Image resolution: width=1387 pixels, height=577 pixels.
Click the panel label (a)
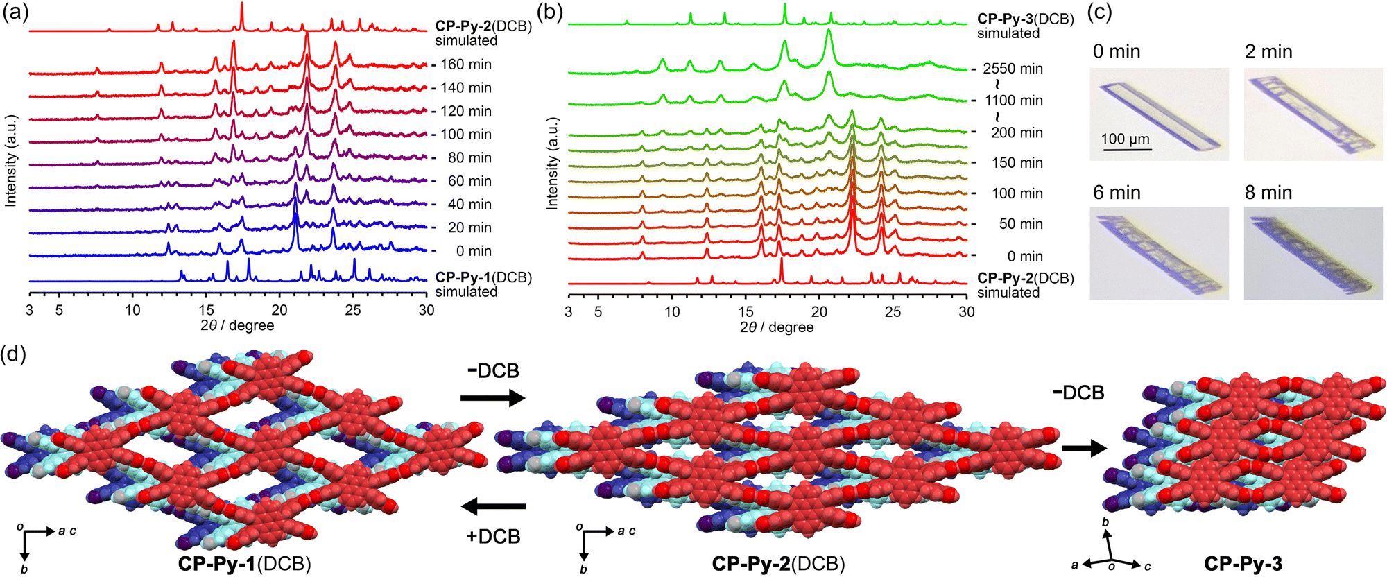[x=15, y=13]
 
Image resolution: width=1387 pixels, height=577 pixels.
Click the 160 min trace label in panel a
[x=465, y=64]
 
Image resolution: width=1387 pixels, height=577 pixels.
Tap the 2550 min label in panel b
[x=1013, y=69]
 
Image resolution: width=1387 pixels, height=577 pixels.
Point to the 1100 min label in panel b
[x=1013, y=101]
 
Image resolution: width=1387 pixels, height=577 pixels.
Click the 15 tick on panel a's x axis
[x=207, y=310]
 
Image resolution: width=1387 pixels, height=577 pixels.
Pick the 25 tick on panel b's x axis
[x=893, y=311]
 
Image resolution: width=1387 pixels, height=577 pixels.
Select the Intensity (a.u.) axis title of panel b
[x=552, y=164]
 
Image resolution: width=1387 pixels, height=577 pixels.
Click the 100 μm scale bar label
[x=1125, y=139]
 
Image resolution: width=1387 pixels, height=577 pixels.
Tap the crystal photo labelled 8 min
[x=1312, y=254]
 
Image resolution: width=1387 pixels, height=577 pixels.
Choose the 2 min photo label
[x=1268, y=52]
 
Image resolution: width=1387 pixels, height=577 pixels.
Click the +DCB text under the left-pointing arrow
[x=493, y=537]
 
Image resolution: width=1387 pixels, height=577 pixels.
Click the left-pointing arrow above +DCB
[x=493, y=507]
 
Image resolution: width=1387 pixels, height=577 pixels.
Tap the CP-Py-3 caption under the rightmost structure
[x=1243, y=564]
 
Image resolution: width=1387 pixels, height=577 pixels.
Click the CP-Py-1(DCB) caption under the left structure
[x=244, y=564]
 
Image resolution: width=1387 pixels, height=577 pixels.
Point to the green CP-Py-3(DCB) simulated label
[x=1025, y=26]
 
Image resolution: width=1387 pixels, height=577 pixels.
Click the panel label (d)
[x=15, y=355]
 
